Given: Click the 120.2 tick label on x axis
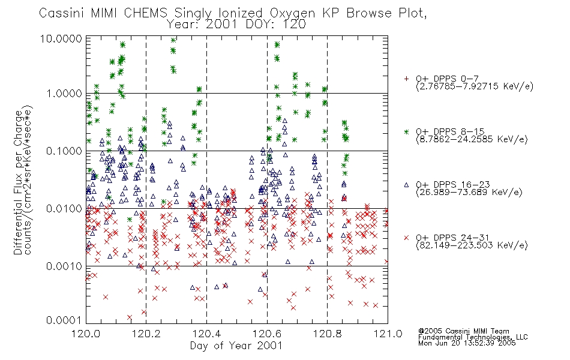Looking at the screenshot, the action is coord(146,334).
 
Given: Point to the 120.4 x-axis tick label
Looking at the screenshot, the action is coord(206,334).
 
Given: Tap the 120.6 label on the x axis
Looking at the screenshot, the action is coord(267,334).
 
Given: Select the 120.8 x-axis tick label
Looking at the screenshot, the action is coord(327,334).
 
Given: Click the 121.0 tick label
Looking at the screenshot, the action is coord(388,334).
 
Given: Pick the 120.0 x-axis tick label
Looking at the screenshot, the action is coord(86,334).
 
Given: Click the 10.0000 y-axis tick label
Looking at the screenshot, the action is coord(61,38).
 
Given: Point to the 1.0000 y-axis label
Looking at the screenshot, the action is coord(64,94).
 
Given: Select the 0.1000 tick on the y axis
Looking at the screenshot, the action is coord(64,151).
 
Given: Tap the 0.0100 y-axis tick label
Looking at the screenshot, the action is coord(64,209).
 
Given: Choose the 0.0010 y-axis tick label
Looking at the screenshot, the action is coord(64,266).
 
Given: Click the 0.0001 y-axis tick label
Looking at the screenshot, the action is coord(64,320).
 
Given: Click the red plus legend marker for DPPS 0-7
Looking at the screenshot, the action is coord(406,79).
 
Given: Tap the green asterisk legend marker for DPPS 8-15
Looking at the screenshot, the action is coord(406,131).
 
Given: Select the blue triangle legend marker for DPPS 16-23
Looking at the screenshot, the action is coord(406,185).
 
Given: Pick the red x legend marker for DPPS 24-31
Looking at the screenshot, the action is coord(406,238).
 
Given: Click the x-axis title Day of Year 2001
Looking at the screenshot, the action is coord(236,346).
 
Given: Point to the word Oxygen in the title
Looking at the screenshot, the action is coord(292,13).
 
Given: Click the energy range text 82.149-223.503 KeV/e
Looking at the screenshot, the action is coord(472,245).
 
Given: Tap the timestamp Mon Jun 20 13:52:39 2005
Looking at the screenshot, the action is coord(467,343).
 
